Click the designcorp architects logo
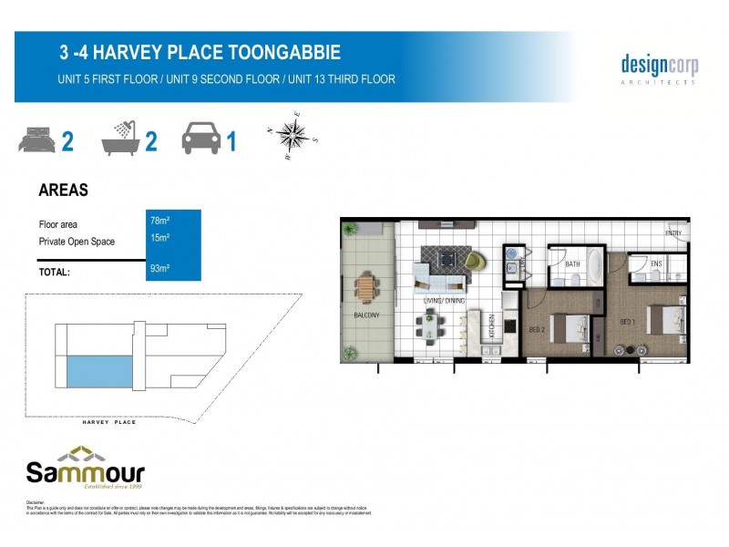[659, 68]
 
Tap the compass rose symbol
[291, 136]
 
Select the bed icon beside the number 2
[36, 141]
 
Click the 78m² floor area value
[159, 220]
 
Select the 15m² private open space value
[159, 238]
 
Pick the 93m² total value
[159, 269]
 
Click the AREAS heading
[63, 191]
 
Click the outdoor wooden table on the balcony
[367, 288]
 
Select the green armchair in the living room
[476, 262]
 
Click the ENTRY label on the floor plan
[673, 233]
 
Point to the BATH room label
[572, 264]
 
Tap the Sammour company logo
[85, 466]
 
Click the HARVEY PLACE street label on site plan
[108, 422]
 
